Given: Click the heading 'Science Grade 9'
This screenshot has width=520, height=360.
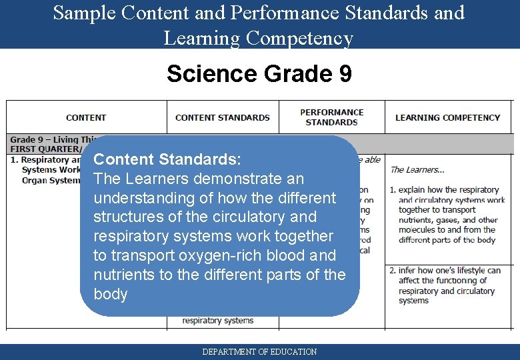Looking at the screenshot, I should pyautogui.click(x=259, y=73).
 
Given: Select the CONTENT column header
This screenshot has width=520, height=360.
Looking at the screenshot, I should pyautogui.click(x=86, y=117).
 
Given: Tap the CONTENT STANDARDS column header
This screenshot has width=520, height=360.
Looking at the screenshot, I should pyautogui.click(x=223, y=117).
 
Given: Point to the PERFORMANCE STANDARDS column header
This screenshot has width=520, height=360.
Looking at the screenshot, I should pyautogui.click(x=331, y=117).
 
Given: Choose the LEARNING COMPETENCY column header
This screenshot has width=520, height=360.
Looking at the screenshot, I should pyautogui.click(x=447, y=117).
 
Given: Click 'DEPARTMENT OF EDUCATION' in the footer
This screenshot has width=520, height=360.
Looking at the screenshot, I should pyautogui.click(x=259, y=351).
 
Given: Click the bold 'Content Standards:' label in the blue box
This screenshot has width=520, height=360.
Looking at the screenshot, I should pyautogui.click(x=167, y=160).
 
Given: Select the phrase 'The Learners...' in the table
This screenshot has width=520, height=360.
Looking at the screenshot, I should pyautogui.click(x=417, y=170).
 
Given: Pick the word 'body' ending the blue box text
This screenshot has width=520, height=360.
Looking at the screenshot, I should pyautogui.click(x=111, y=294).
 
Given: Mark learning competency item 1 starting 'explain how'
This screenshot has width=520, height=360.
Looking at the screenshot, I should pyautogui.click(x=447, y=215).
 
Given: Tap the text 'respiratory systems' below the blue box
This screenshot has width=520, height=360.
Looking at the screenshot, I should pyautogui.click(x=218, y=321).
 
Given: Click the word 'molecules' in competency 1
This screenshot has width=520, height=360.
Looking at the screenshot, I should pyautogui.click(x=422, y=230).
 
